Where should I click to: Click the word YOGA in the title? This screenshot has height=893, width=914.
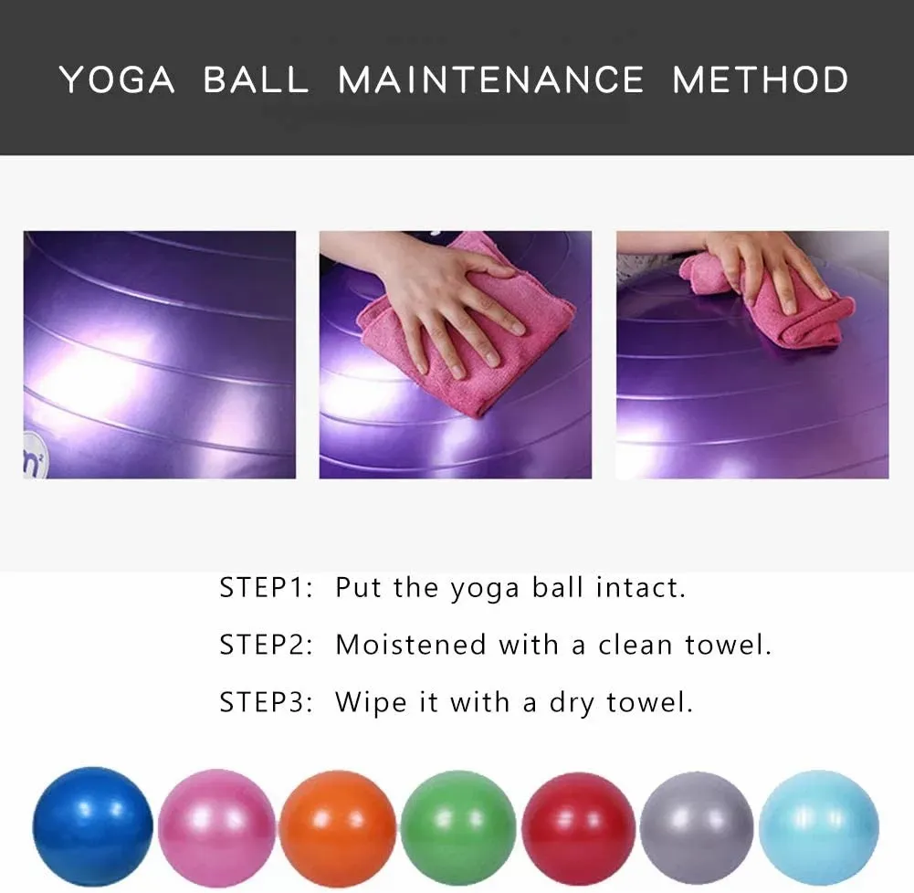(118, 79)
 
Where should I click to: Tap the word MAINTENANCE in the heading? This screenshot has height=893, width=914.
(491, 79)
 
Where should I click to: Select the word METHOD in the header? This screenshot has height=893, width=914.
(760, 79)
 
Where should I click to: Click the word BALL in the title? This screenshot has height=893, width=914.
(256, 79)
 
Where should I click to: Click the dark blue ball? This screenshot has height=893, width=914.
(92, 826)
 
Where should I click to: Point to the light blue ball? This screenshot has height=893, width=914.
(818, 826)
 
